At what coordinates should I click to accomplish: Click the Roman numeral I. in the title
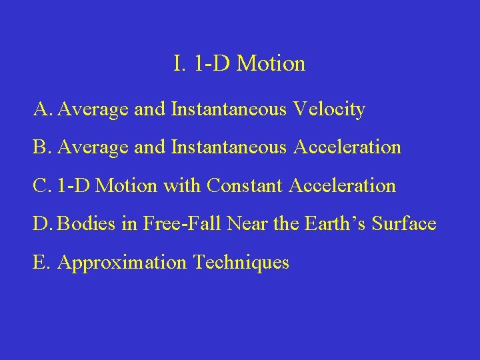[x=179, y=64]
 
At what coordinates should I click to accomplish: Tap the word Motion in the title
[x=271, y=64]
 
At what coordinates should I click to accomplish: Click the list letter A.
[x=42, y=109]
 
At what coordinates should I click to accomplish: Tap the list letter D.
[x=42, y=223]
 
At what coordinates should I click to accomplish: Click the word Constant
[x=245, y=185]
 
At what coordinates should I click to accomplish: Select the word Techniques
[x=241, y=262]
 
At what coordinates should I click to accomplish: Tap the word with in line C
[x=182, y=185]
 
